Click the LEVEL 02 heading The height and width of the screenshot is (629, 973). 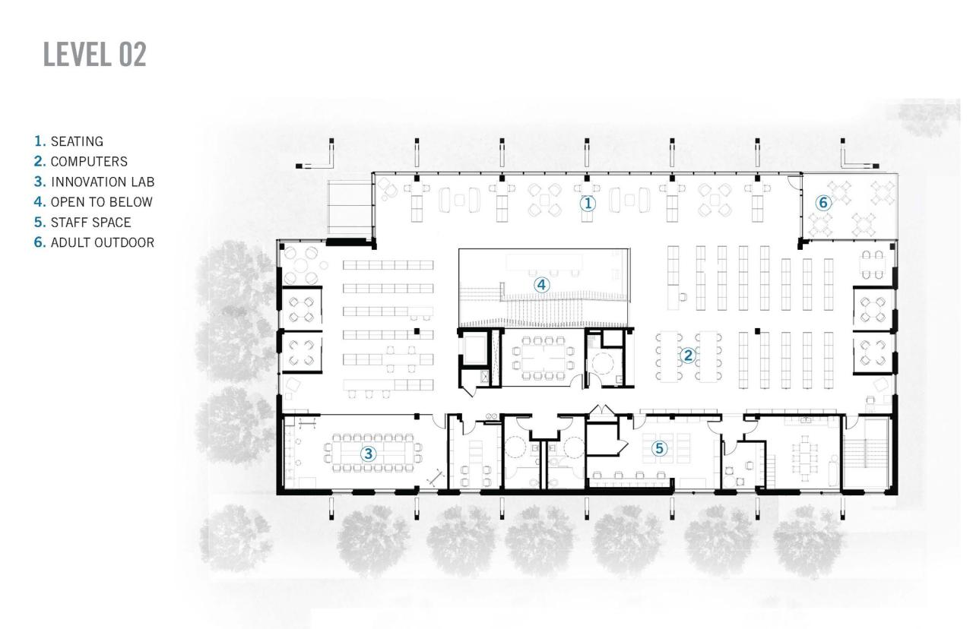coord(95,55)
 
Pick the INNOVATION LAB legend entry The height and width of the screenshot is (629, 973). coord(94,182)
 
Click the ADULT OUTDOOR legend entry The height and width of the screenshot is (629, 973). coord(94,243)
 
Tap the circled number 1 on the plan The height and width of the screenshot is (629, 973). coord(587,203)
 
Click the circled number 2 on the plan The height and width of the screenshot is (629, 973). coord(687,355)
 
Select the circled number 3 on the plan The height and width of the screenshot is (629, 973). coord(368,454)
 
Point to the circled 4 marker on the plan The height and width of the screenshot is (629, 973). coord(541,285)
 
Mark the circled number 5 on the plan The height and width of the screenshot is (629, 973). coord(659,448)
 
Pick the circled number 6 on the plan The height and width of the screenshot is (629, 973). coord(822,203)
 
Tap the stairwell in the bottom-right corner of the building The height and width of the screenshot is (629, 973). coord(865,455)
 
